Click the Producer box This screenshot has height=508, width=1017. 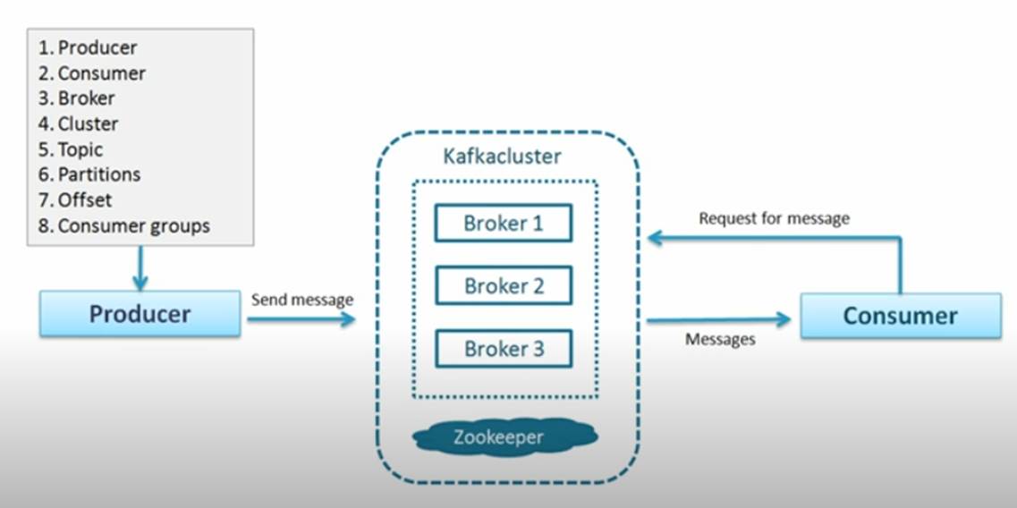(140, 314)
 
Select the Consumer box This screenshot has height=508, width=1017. (900, 316)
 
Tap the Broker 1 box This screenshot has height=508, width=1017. (503, 223)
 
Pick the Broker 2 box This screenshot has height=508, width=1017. (503, 286)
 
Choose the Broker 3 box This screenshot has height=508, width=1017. (503, 349)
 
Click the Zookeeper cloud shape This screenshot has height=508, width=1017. (504, 436)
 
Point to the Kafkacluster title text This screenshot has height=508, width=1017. (503, 157)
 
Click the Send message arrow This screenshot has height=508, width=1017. (301, 319)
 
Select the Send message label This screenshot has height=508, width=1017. (302, 299)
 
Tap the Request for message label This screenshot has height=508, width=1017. (774, 218)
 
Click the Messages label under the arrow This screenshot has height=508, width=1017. (720, 340)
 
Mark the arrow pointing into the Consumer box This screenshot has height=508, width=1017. (719, 320)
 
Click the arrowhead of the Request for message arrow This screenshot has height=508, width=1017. (655, 238)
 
